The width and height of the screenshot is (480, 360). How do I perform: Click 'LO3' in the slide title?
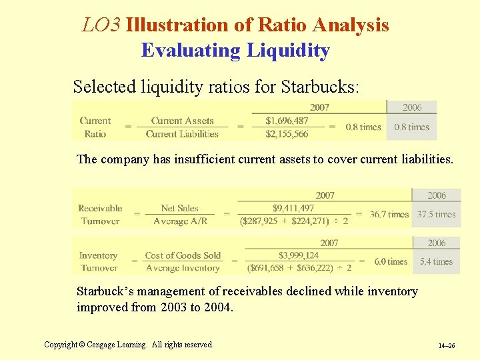(101, 25)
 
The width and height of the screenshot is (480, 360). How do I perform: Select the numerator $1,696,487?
(287, 121)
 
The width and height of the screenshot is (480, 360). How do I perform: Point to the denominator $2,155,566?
(287, 134)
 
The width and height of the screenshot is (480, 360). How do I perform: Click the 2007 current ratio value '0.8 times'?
(363, 127)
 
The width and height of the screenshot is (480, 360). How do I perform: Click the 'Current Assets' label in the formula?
(182, 121)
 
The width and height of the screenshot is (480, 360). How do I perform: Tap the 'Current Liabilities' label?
(182, 134)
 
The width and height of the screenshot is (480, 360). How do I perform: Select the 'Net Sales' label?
(180, 209)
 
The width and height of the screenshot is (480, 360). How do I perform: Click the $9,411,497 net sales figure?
(294, 208)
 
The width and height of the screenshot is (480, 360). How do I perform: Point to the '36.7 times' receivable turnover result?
(389, 215)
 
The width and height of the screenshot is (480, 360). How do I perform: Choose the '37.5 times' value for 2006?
(436, 215)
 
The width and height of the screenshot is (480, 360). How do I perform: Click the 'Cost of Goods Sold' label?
(183, 255)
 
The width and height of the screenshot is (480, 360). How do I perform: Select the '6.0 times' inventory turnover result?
(391, 262)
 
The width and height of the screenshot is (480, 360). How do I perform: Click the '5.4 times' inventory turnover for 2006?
(436, 262)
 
